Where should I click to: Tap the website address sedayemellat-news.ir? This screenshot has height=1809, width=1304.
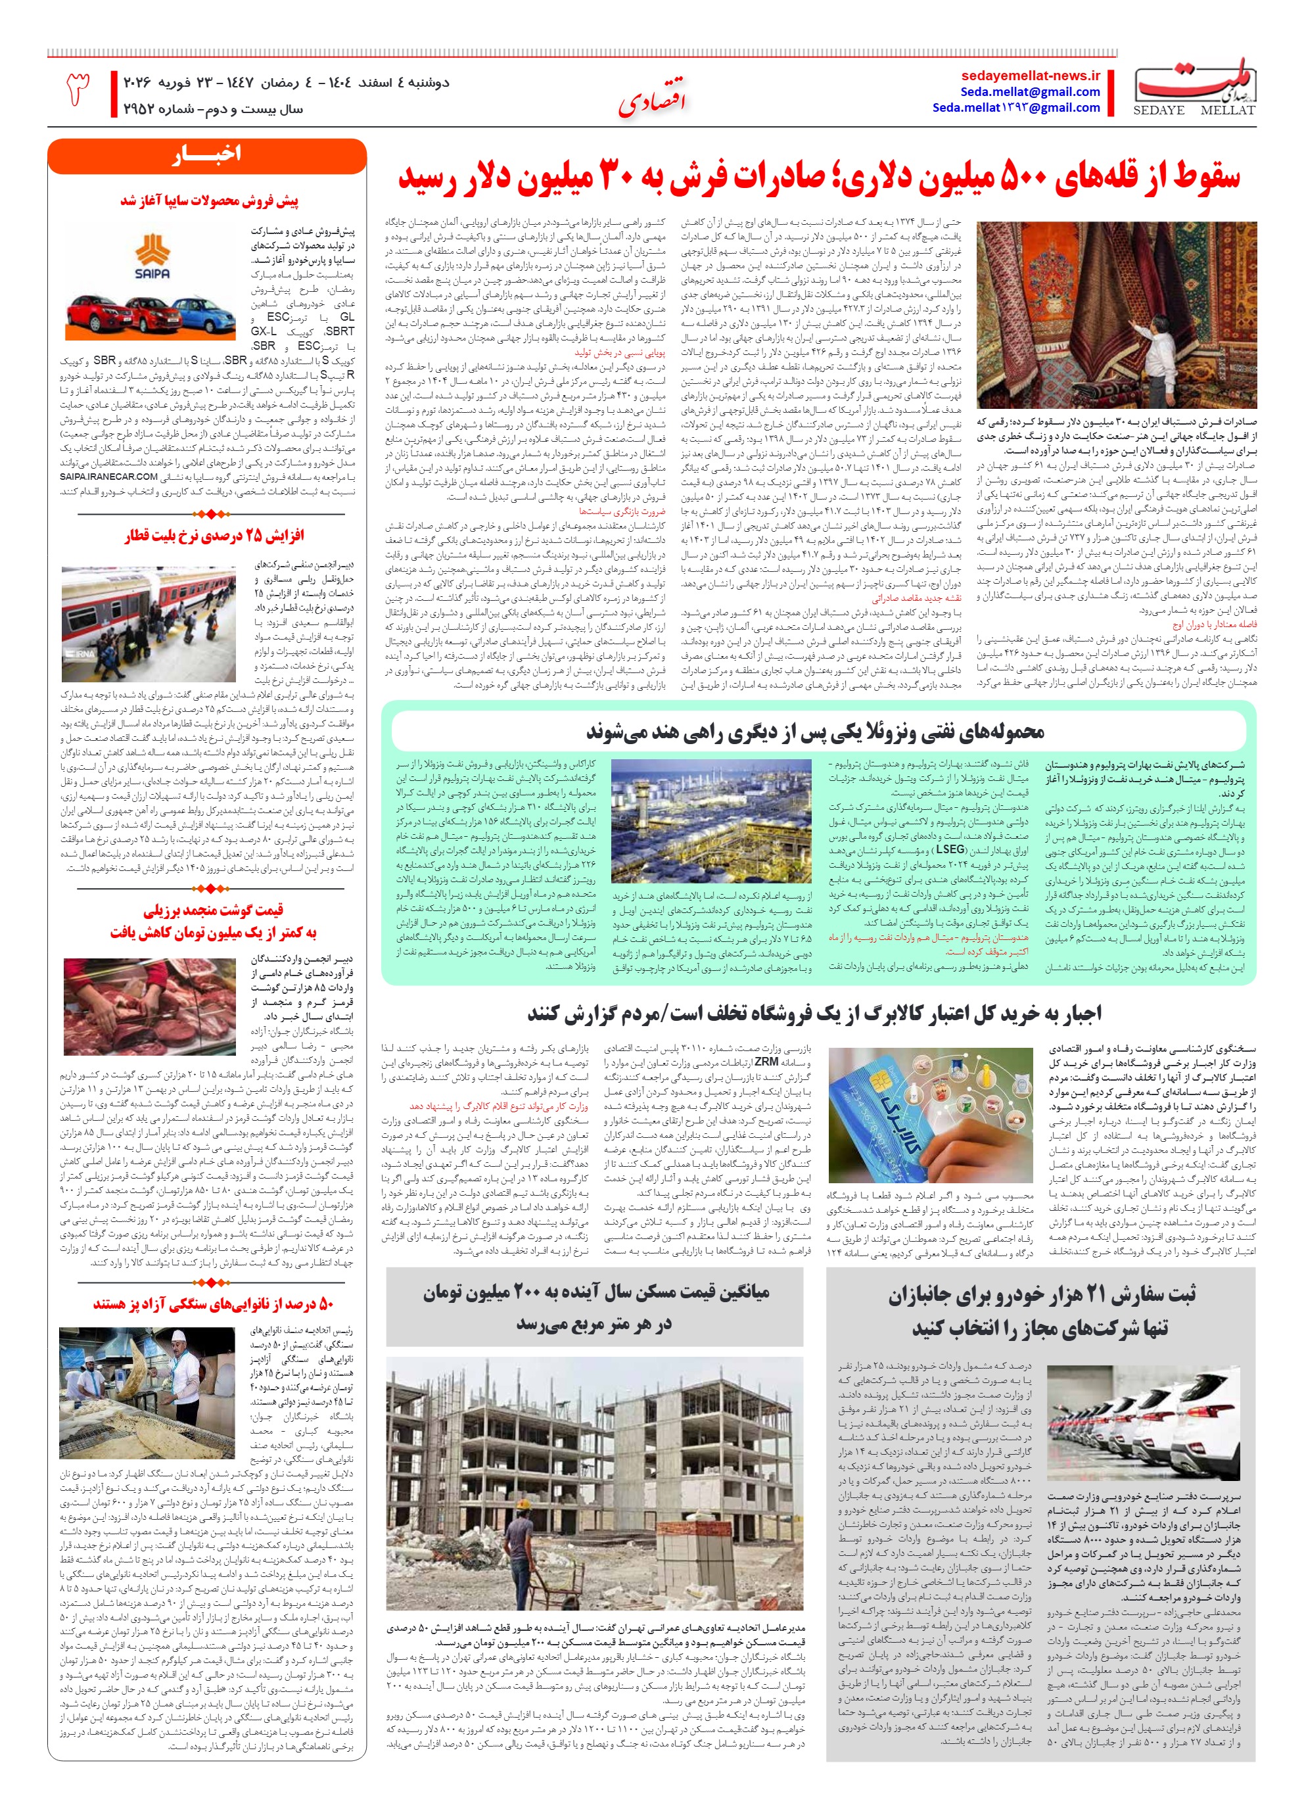1031,76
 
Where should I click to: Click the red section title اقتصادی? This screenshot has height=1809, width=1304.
651,101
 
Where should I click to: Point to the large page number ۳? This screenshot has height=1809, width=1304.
78,89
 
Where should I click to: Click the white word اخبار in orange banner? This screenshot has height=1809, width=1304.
206,154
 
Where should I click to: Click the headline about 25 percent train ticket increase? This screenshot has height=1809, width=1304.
214,535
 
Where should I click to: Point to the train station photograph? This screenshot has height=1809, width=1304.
149,622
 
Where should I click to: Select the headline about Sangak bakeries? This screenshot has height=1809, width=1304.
213,1304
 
